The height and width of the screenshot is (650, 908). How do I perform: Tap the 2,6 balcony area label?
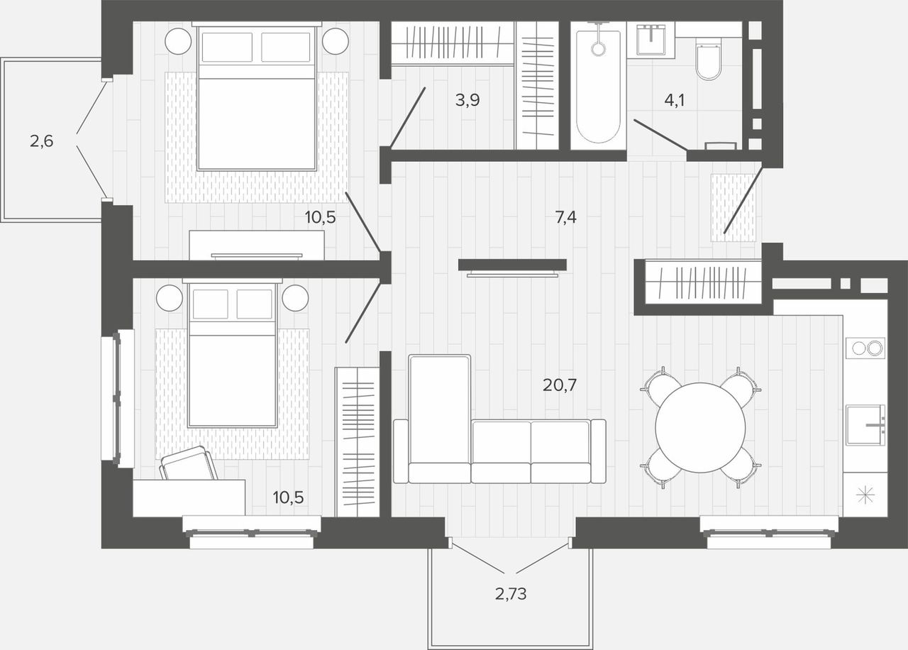click(x=41, y=141)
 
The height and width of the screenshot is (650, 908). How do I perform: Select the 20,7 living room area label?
click(x=560, y=385)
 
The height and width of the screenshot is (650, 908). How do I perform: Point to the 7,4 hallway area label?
click(x=565, y=217)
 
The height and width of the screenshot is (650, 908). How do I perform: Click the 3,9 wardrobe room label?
click(x=467, y=100)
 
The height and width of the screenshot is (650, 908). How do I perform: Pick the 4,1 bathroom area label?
click(x=675, y=100)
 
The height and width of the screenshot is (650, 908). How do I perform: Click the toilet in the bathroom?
click(x=709, y=61)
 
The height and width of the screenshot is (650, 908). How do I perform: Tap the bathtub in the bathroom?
click(x=598, y=86)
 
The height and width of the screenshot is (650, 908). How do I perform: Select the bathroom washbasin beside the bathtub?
click(x=650, y=39)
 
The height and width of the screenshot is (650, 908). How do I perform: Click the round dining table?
click(x=700, y=427)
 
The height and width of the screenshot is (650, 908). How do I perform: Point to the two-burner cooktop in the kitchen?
click(x=865, y=348)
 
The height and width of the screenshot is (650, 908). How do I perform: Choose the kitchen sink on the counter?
click(x=865, y=424)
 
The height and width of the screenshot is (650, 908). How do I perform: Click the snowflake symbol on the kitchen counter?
click(x=865, y=495)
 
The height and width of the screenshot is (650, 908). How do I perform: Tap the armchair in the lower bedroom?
click(x=189, y=463)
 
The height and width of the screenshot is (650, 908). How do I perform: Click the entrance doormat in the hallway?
click(x=733, y=208)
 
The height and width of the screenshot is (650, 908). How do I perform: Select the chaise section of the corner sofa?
click(x=439, y=419)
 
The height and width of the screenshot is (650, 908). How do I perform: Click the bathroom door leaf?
click(x=660, y=135)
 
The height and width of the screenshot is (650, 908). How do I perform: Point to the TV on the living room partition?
click(x=512, y=275)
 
